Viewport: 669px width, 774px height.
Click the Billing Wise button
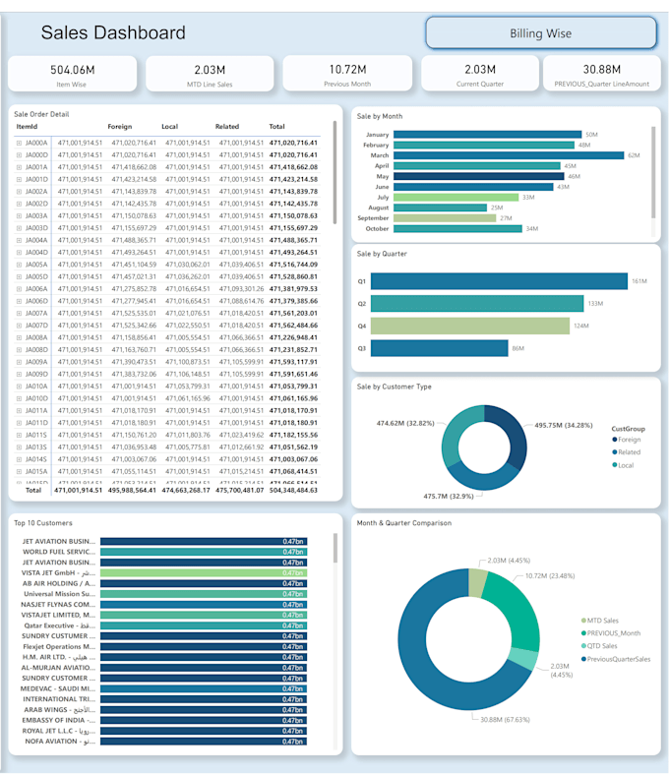coord(540,33)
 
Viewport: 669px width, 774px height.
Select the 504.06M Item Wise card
coord(73,74)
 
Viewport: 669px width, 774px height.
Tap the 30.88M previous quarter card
coord(602,74)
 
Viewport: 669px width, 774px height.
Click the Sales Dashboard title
coord(113,33)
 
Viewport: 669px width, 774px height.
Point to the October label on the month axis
coord(377,229)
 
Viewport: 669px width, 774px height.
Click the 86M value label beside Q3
coord(517,348)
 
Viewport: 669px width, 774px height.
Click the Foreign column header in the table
coord(119,127)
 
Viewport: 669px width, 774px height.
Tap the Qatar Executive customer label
coord(60,625)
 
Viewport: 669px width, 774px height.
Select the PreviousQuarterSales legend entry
coord(618,659)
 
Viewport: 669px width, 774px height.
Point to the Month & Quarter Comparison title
coord(404,522)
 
